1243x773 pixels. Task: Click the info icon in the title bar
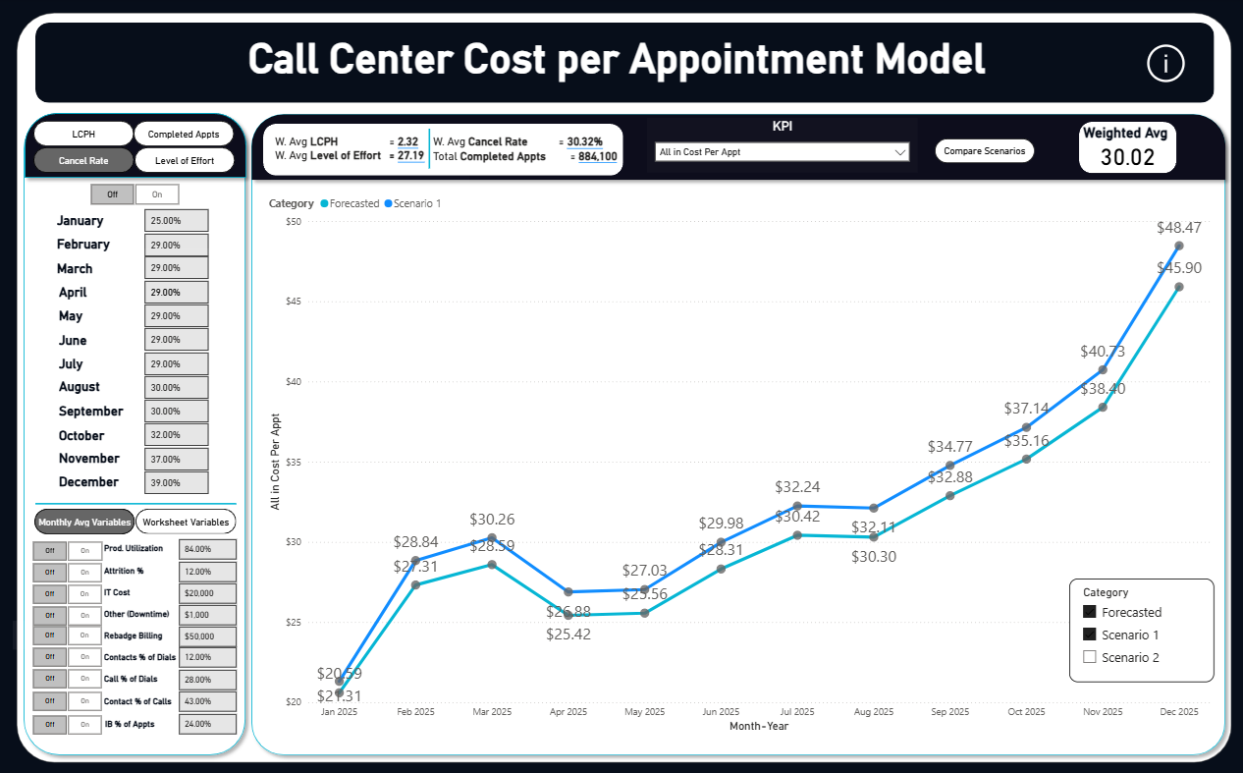click(1165, 64)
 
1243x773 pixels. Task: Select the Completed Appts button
click(185, 135)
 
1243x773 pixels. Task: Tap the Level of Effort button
click(185, 160)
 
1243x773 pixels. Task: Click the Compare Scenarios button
click(984, 151)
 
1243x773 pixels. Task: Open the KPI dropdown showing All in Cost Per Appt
click(782, 152)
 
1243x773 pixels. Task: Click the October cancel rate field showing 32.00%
click(177, 435)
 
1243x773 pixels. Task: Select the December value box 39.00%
click(177, 482)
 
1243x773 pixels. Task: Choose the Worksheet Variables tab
click(186, 522)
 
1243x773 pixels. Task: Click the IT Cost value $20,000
click(207, 593)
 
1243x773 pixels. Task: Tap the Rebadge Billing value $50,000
click(207, 636)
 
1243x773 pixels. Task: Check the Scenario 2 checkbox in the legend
click(1089, 657)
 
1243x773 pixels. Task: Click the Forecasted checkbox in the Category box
click(1089, 612)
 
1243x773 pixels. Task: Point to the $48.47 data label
click(1179, 227)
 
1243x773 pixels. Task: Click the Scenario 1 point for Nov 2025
click(1103, 370)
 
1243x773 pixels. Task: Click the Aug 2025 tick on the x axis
click(874, 712)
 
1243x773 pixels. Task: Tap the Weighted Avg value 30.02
click(1127, 157)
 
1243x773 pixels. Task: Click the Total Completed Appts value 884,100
click(597, 157)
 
